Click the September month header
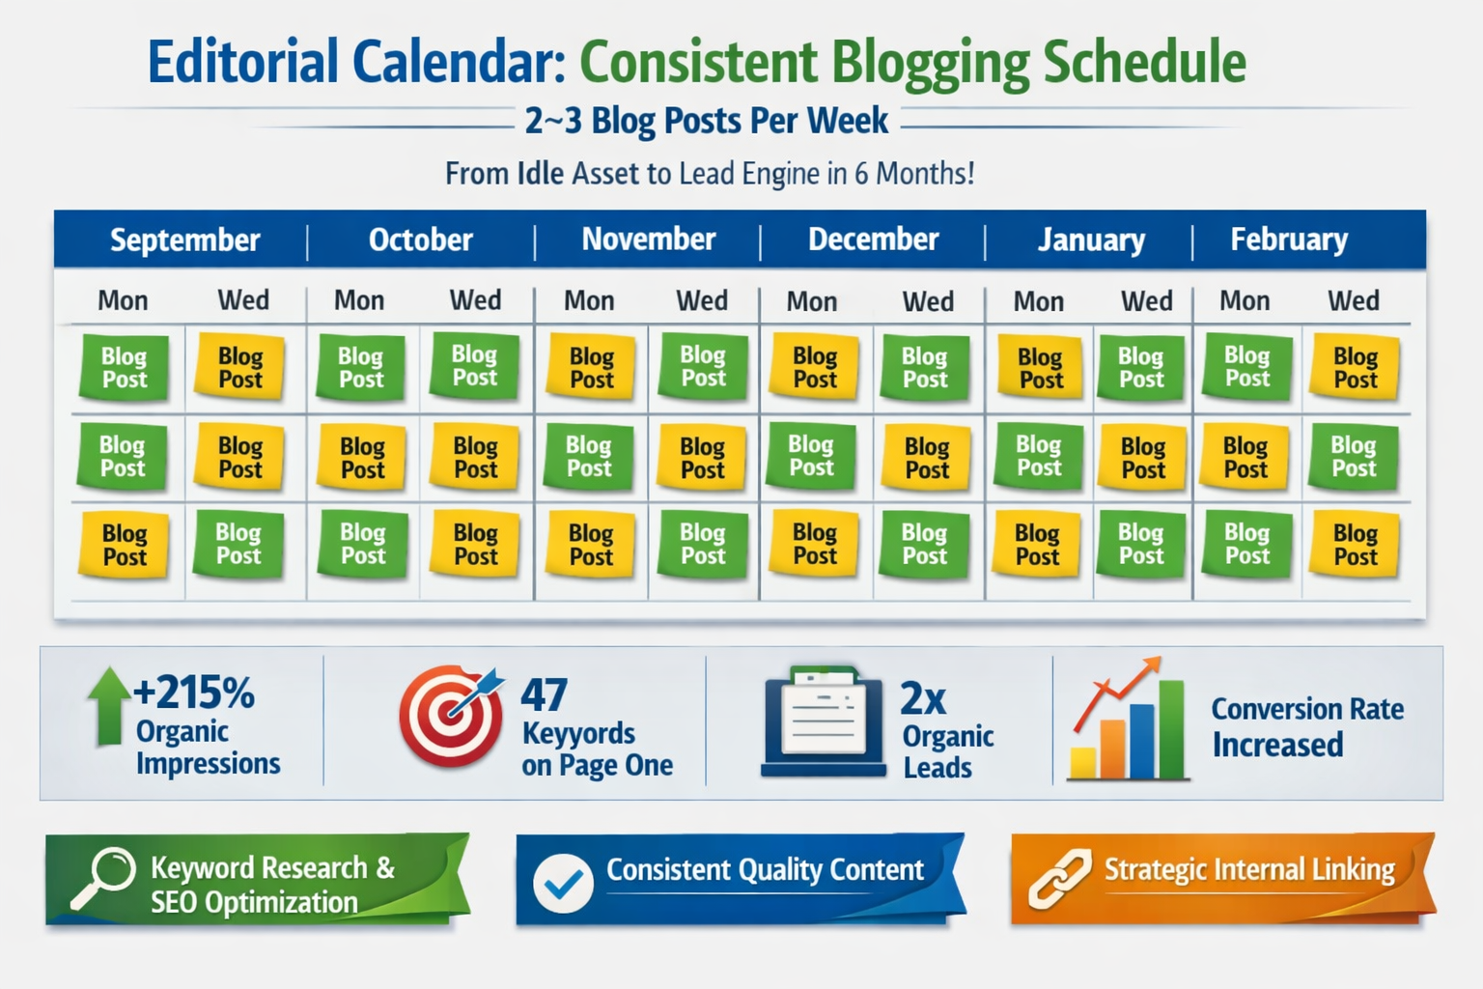tap(184, 240)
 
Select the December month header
tap(873, 240)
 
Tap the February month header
tap(1289, 240)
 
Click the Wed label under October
tap(475, 300)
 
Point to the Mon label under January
tap(1038, 301)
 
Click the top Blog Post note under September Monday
tap(124, 368)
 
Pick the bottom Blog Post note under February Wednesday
tap(1355, 546)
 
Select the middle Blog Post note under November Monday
tap(589, 457)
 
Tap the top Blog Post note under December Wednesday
tap(925, 368)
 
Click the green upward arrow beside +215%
tap(108, 706)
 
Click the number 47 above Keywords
tap(544, 695)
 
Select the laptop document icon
tap(824, 721)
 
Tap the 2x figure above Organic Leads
tap(923, 697)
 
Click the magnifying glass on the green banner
tap(104, 876)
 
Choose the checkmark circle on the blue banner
tap(563, 883)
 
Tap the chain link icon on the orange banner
tap(1059, 879)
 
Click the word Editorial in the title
tap(243, 62)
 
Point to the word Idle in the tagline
tap(540, 174)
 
